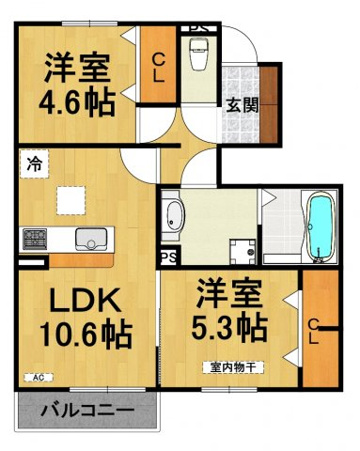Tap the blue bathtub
tap(321, 227)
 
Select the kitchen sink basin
tap(91, 239)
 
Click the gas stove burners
tap(35, 239)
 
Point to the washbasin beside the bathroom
tap(173, 217)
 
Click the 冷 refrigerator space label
tap(35, 164)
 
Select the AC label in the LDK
tap(39, 378)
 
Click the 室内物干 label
tap(233, 367)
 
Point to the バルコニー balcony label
tap(88, 410)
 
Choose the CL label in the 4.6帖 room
tap(158, 68)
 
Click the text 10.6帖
tap(86, 334)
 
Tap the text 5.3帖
tap(230, 326)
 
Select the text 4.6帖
tap(77, 102)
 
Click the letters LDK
tap(85, 299)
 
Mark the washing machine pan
tap(243, 251)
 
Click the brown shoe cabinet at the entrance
tap(269, 105)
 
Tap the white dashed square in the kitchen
tap(70, 201)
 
